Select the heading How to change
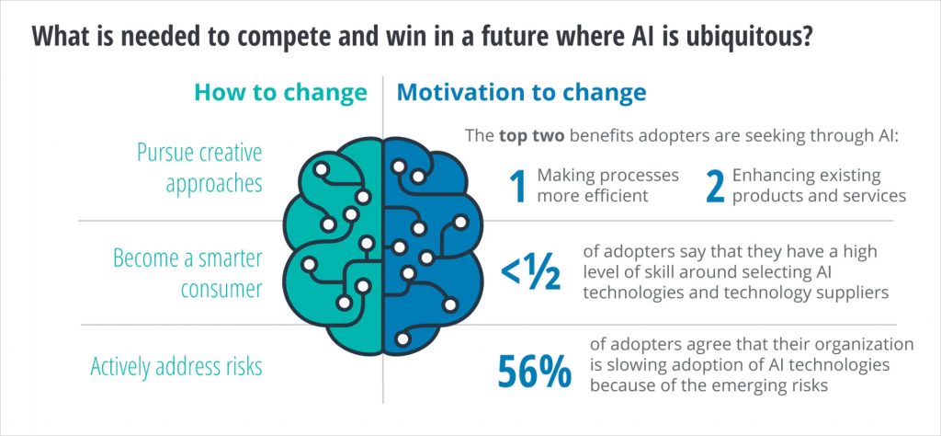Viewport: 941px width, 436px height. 280,93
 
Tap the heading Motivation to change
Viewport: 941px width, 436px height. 521,93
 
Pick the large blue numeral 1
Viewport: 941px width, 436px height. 517,185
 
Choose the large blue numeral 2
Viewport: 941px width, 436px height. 713,185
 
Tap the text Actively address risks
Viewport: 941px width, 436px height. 176,367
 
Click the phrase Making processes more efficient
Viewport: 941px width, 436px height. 607,185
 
